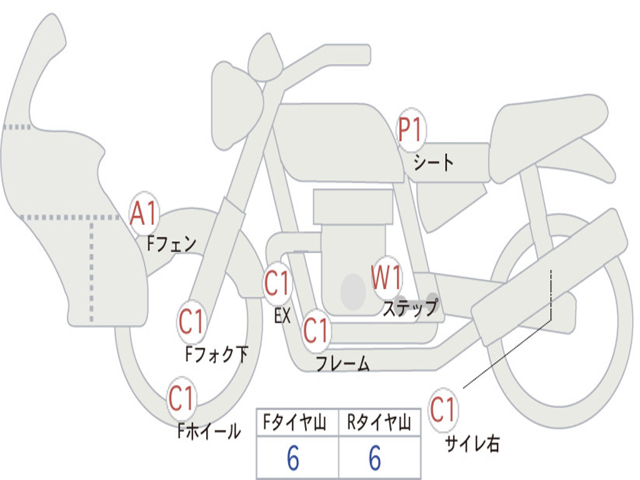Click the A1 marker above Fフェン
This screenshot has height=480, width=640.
(144, 214)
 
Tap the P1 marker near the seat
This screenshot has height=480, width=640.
(411, 130)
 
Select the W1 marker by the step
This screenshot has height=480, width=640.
(386, 278)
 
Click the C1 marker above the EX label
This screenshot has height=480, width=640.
(277, 283)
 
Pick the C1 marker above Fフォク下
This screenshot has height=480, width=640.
(191, 322)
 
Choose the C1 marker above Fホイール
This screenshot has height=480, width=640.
(181, 399)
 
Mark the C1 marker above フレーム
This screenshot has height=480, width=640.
(316, 330)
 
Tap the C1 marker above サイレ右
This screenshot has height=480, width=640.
(443, 410)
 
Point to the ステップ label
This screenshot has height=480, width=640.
(411, 307)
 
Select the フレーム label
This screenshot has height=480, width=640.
(343, 363)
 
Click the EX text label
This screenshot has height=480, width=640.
(282, 315)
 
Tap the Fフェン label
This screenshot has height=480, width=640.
(171, 244)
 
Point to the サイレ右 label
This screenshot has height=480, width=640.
(472, 444)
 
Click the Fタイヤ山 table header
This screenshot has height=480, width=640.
(295, 422)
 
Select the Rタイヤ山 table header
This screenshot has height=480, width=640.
(379, 422)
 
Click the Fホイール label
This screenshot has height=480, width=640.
(209, 431)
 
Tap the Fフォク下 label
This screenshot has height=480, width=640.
(217, 354)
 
